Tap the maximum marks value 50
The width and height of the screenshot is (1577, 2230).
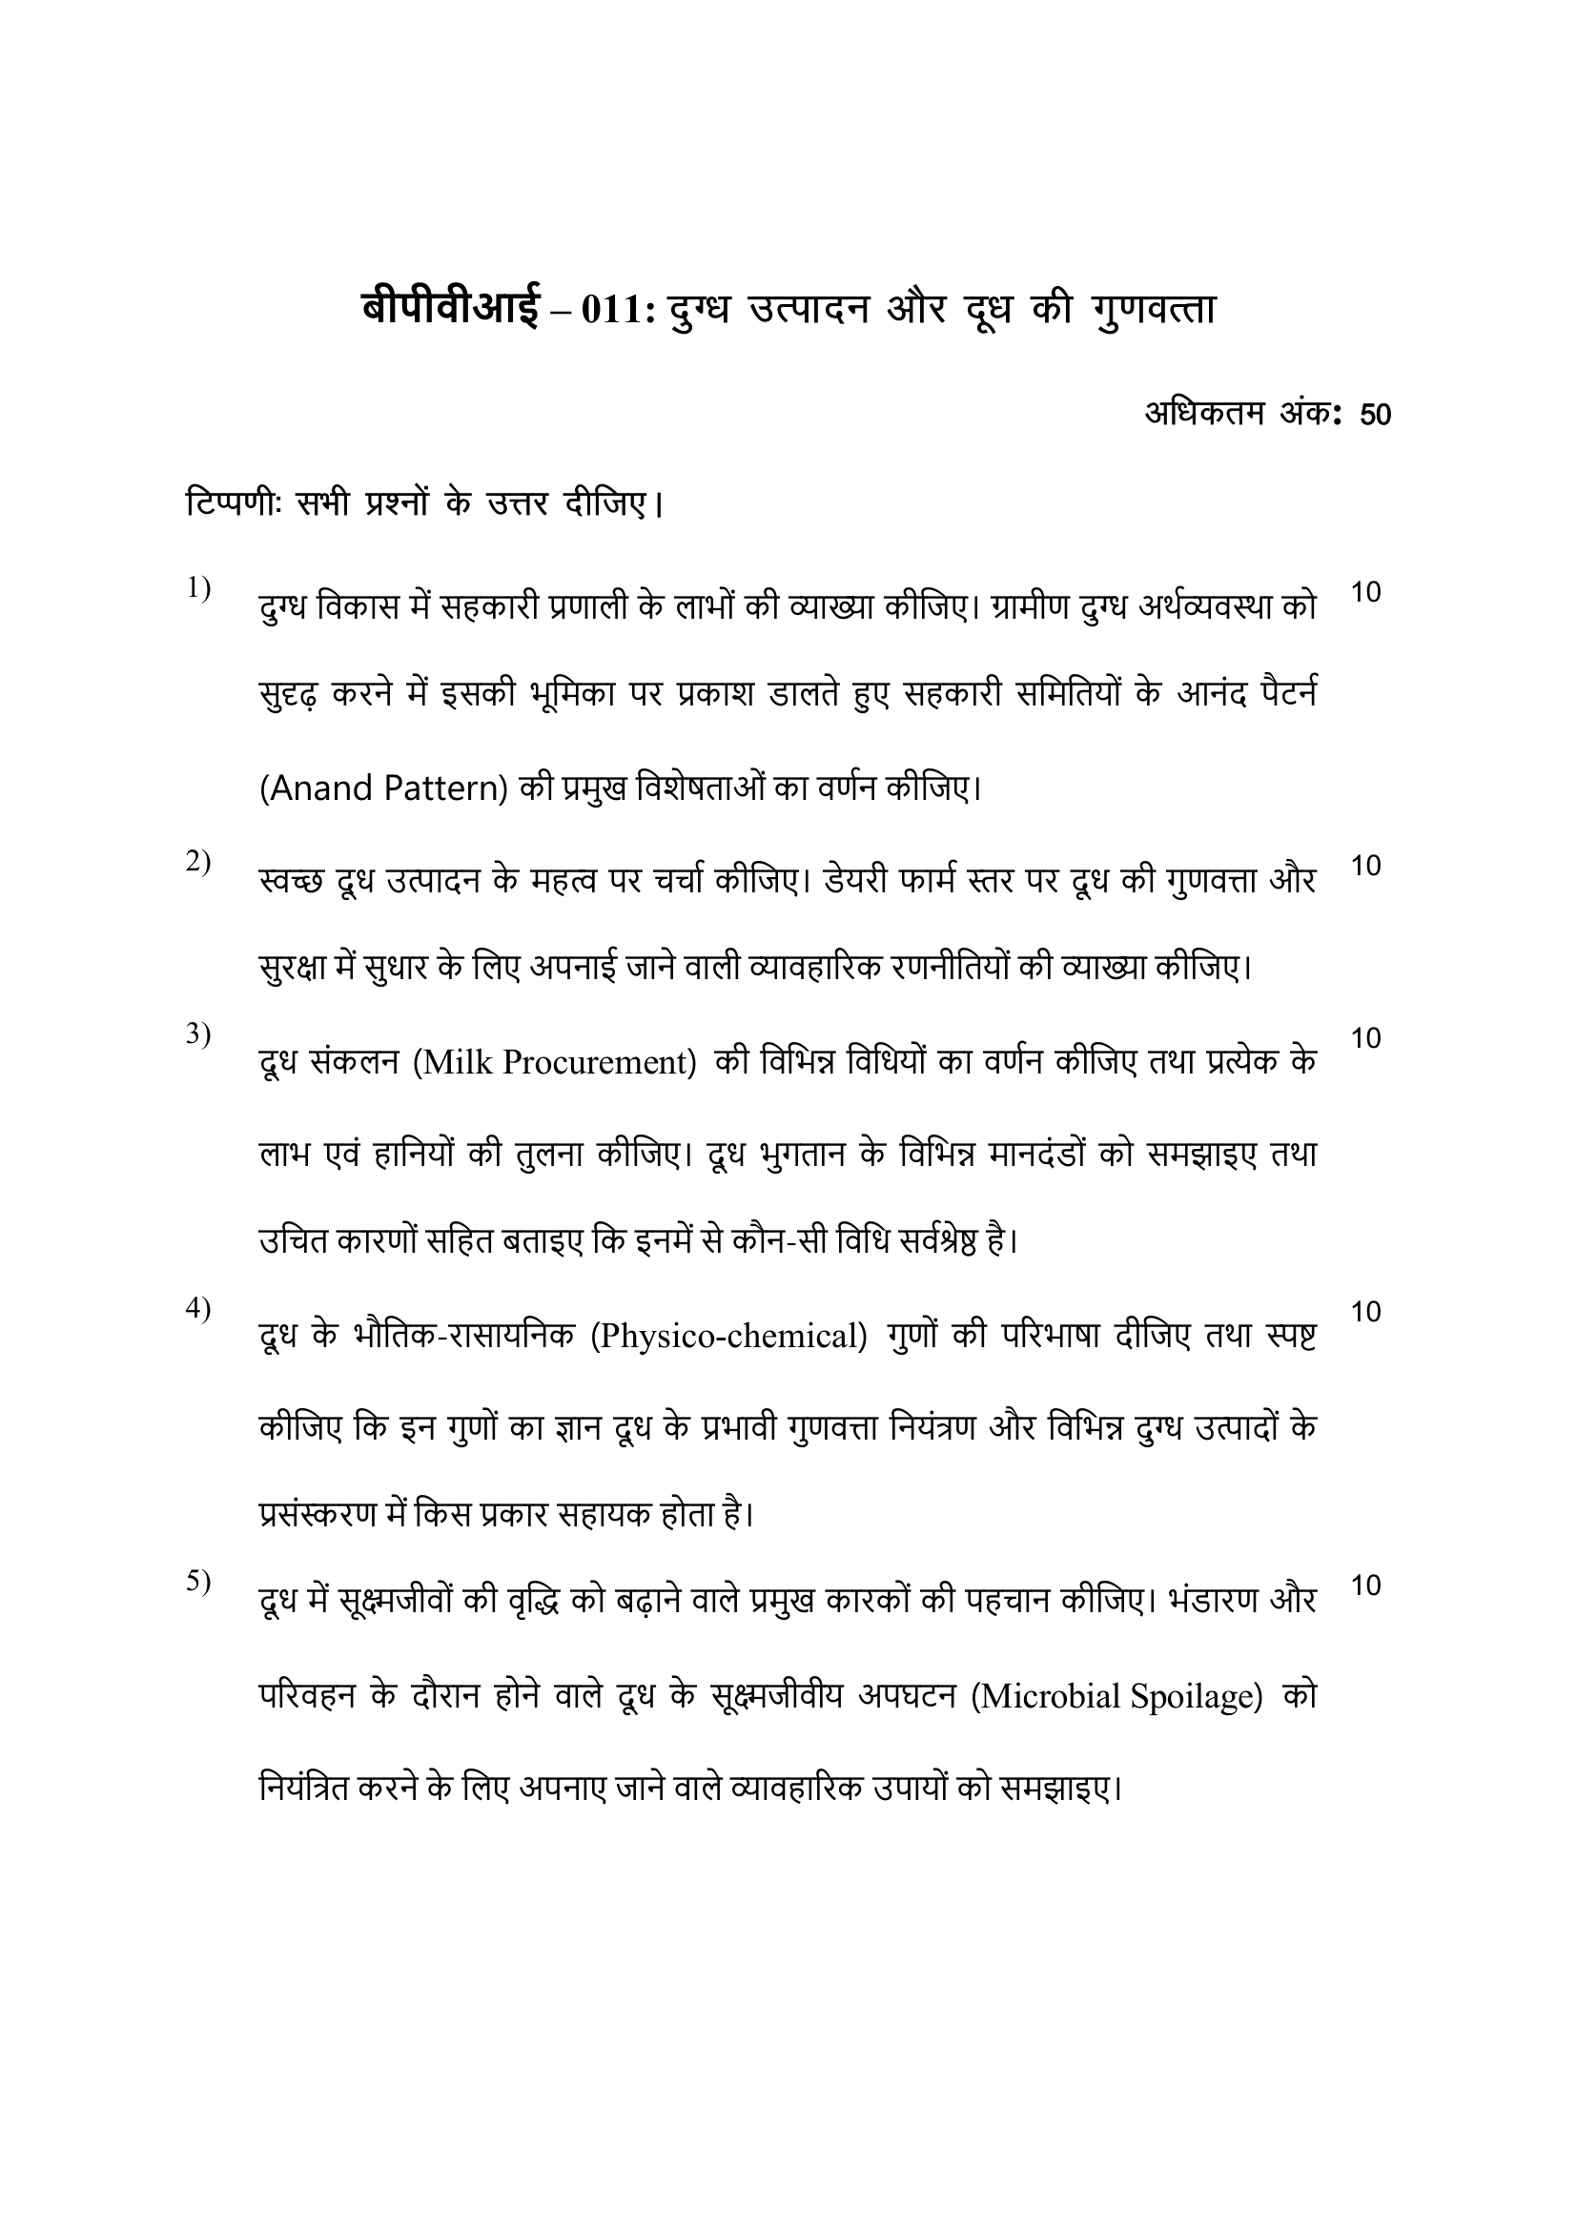pos(1375,415)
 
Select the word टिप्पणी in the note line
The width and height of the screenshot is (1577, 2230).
pos(233,505)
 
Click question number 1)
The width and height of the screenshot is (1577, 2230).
pos(199,587)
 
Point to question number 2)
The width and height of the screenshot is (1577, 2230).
pos(199,861)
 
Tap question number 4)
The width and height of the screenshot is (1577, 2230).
pos(199,1308)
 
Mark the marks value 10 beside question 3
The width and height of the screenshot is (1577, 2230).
pos(1365,1038)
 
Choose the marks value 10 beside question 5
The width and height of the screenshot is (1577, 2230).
pos(1365,1586)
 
